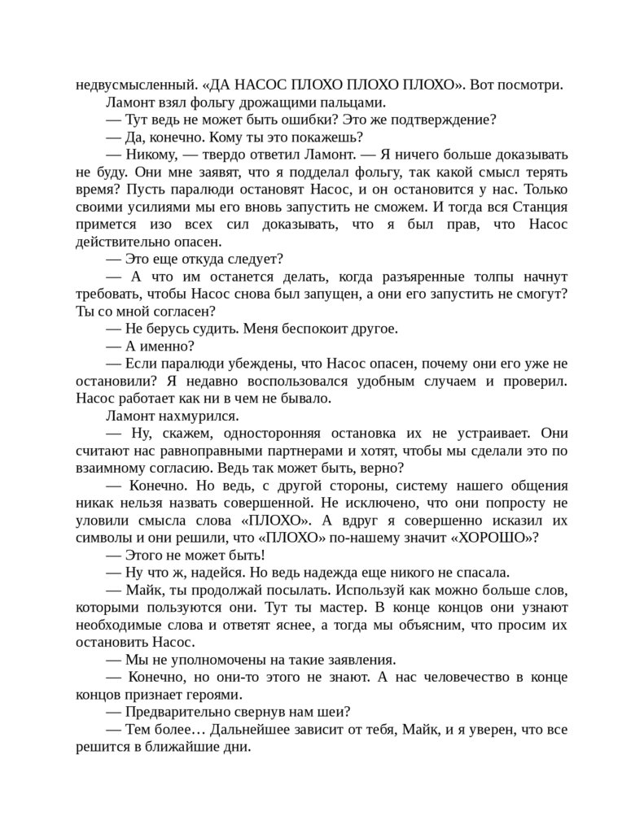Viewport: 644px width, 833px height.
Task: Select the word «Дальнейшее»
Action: (243, 730)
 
